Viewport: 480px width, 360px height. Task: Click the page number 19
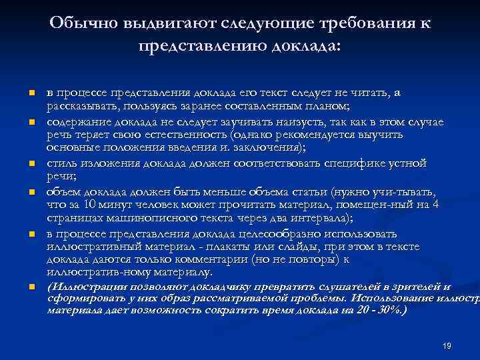point(447,345)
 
